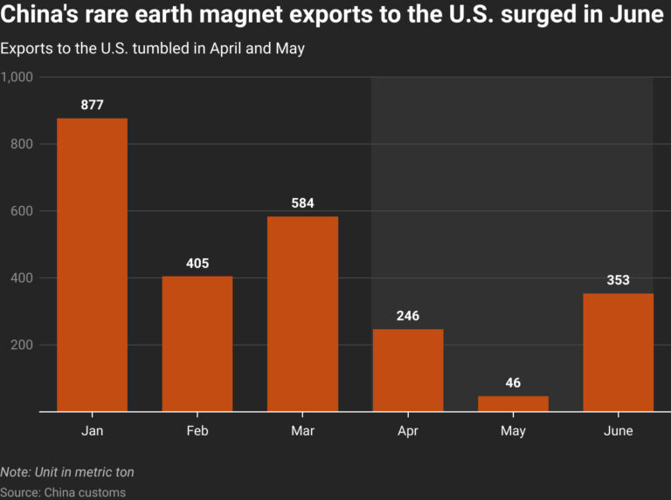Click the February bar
(197, 343)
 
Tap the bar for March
(302, 313)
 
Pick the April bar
(408, 370)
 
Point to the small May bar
(513, 403)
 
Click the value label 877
(92, 105)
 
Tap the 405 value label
(197, 263)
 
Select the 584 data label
(302, 203)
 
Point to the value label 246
(408, 316)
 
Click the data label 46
(513, 383)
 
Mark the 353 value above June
(618, 280)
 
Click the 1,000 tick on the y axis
(17, 77)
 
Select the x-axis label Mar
(302, 431)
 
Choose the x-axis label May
(513, 431)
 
